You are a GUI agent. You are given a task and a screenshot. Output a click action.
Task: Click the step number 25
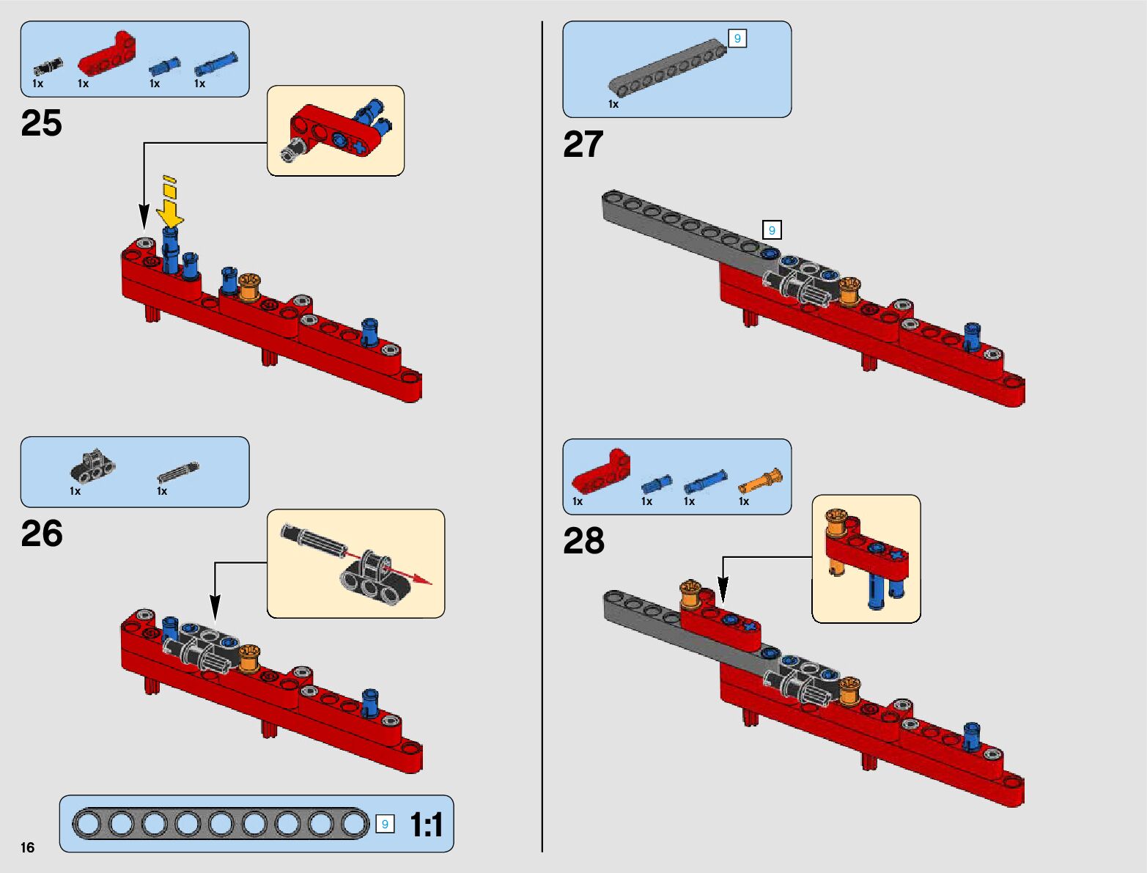point(41,122)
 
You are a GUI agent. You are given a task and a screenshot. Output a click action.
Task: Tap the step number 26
point(42,533)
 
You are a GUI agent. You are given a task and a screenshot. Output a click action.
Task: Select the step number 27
point(583,144)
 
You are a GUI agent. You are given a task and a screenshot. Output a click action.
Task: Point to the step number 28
point(583,541)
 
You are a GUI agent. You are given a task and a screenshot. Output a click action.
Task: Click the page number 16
point(28,847)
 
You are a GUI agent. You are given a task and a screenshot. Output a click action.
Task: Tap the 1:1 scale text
point(427,825)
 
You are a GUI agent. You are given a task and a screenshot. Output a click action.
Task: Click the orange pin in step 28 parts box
point(760,481)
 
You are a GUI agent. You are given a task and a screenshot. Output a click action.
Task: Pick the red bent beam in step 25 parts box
point(107,54)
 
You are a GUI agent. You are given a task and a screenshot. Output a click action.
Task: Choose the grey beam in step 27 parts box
point(667,68)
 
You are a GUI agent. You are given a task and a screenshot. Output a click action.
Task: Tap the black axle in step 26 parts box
point(178,471)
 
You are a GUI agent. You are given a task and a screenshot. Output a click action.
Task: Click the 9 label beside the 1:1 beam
point(385,824)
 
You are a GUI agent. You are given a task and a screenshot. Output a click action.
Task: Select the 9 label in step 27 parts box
point(737,38)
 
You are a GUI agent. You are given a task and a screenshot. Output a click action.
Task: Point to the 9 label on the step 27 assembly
point(772,230)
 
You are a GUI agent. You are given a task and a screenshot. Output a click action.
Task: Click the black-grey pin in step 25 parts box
point(48,67)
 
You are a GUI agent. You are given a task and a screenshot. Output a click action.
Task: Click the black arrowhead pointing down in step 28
point(723,590)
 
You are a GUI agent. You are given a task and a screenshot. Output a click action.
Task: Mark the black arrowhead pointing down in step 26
point(215,608)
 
